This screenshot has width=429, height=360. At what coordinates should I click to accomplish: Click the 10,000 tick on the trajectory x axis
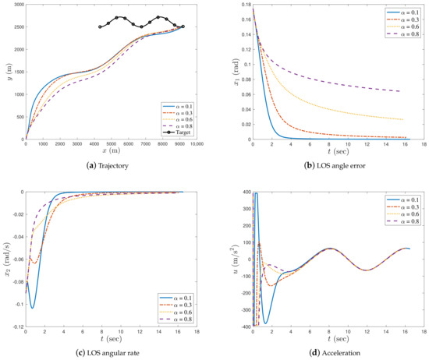(x=197, y=144)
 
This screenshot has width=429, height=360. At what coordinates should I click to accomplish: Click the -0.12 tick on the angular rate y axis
(x=15, y=325)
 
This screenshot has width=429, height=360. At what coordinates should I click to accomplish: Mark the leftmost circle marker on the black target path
(x=100, y=27)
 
